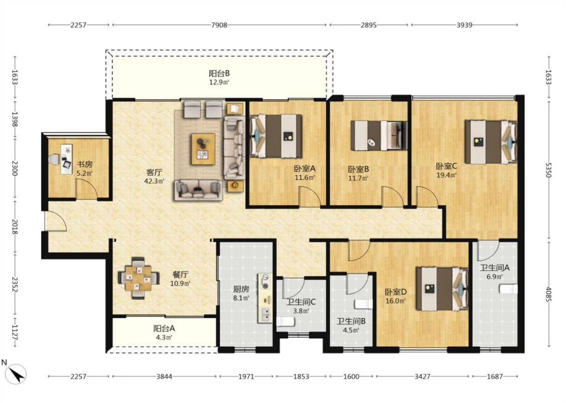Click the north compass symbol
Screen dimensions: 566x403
coord(16,374)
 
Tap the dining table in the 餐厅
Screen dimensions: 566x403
coord(138,278)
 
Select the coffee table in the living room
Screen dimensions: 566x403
coord(203,149)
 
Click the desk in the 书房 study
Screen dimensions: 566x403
coord(66,159)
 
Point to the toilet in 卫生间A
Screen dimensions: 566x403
coord(508,289)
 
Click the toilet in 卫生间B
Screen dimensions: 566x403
coord(363,304)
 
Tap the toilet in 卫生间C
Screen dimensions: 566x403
coord(285,321)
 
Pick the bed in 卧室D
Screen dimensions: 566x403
coord(442,289)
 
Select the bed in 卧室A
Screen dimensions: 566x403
coord(276,136)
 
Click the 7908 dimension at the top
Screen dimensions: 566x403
coord(219,25)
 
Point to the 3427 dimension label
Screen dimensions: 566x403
coord(422,376)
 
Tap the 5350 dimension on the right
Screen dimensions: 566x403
coord(548,170)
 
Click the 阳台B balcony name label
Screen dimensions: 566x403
coord(219,74)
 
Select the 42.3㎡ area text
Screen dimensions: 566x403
coord(154,181)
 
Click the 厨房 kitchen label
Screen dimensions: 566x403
coord(241,289)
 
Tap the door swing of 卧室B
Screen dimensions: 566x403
coord(393,197)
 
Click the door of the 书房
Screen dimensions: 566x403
coord(87,188)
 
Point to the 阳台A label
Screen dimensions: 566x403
coord(164,328)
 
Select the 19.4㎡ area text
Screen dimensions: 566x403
coord(447,175)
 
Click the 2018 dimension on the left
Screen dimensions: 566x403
coord(15,226)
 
